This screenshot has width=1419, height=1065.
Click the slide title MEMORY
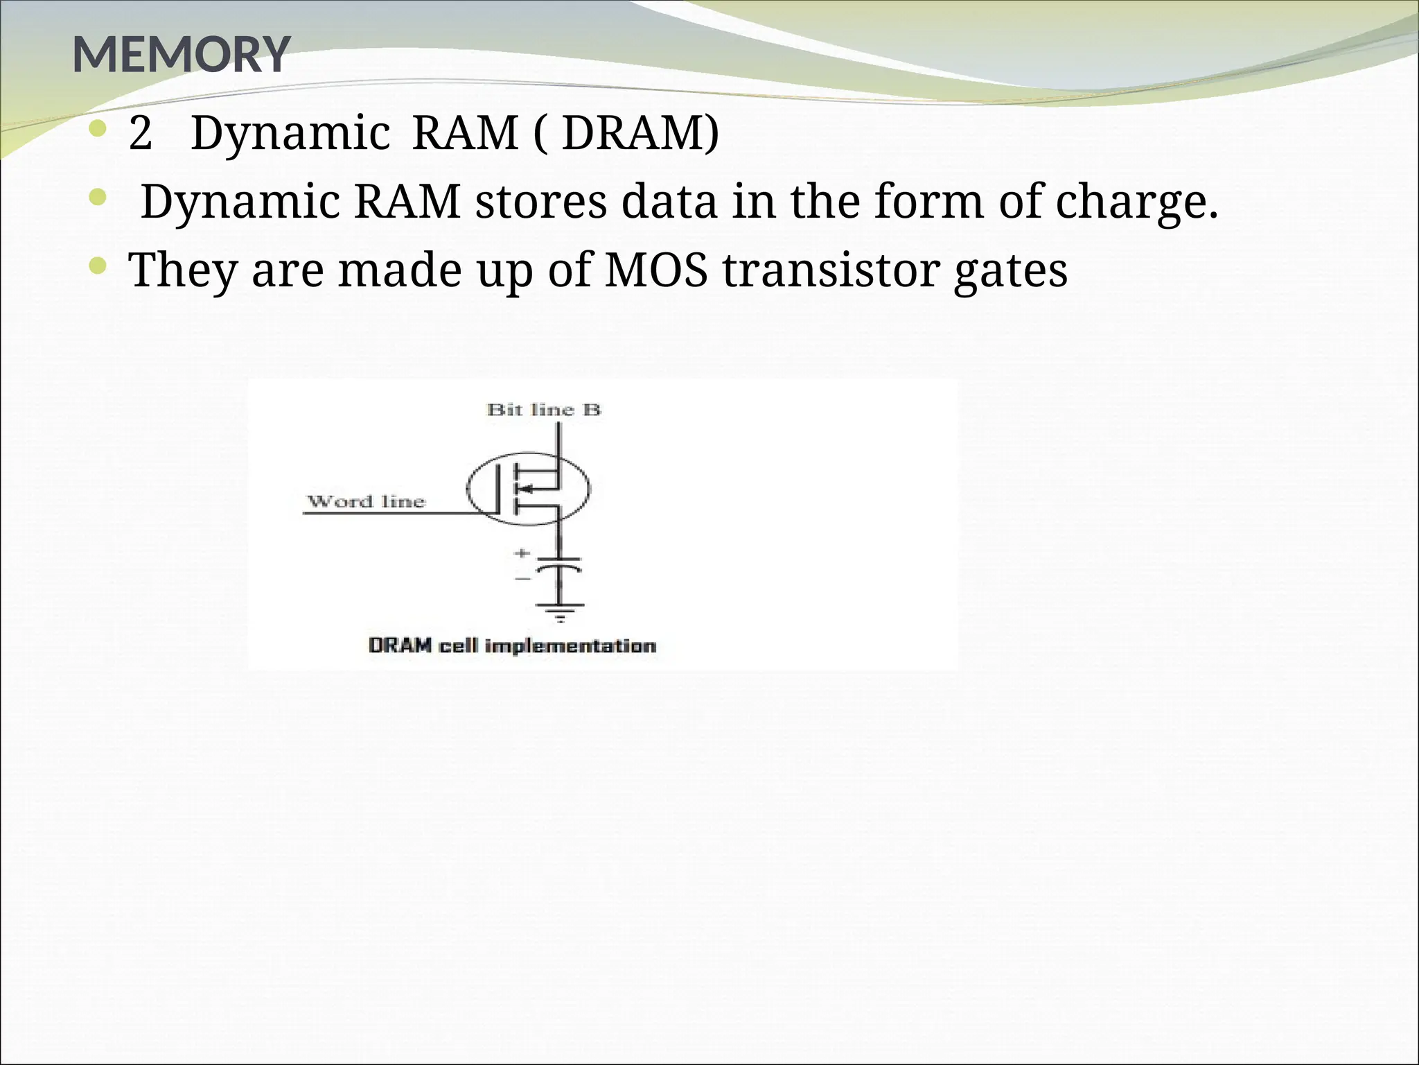[x=181, y=54]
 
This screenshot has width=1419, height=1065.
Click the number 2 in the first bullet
[x=140, y=133]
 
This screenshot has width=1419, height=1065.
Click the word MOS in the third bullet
[x=656, y=270]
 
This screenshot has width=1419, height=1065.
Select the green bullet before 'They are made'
[x=98, y=264]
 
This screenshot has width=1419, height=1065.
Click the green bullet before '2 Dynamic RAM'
[x=98, y=128]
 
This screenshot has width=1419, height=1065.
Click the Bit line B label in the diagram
[x=544, y=410]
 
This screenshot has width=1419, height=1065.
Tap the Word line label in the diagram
[x=366, y=501]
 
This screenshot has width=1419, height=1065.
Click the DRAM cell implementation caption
[x=512, y=646]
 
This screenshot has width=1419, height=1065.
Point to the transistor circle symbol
[x=528, y=489]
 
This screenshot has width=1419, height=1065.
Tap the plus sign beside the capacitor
[x=522, y=553]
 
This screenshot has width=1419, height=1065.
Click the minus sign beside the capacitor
[x=522, y=577]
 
